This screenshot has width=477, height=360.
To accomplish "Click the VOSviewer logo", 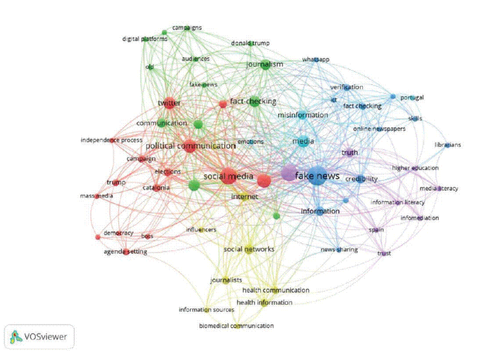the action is [39, 337].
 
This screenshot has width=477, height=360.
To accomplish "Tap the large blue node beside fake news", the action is [317, 176].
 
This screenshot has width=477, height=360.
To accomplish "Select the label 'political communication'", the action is [190, 146].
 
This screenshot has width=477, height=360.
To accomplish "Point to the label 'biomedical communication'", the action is [236, 326].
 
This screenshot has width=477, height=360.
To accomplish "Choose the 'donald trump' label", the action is [250, 43].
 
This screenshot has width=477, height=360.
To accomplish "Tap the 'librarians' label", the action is [448, 145].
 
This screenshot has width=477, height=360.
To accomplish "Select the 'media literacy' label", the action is [439, 188].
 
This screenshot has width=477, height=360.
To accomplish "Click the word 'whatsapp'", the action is [315, 59].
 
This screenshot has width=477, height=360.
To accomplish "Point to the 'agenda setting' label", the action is [125, 252].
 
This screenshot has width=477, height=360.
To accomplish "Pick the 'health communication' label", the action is [276, 290].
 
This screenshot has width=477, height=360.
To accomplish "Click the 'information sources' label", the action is [206, 310].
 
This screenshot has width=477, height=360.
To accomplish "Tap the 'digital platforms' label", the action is [145, 39].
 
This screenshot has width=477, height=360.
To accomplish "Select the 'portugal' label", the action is [412, 98].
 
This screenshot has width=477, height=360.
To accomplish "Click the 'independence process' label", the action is [112, 140].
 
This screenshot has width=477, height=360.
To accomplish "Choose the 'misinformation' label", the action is [303, 115].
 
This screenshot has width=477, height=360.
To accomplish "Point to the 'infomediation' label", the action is [419, 218].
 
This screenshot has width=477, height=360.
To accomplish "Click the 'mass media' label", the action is [96, 196].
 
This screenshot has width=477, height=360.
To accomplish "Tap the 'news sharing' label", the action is [339, 250].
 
